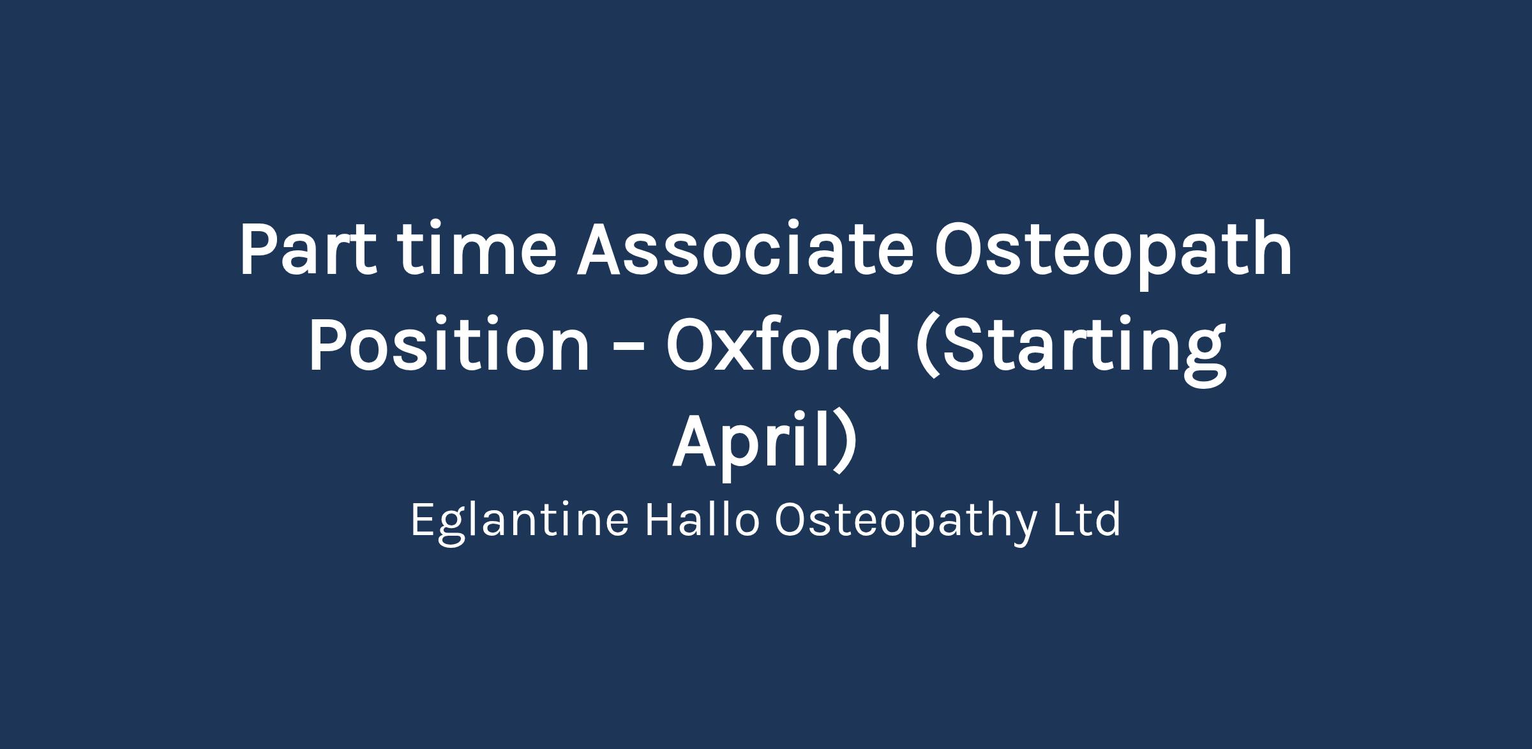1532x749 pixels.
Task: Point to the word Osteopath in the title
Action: coord(1113,254)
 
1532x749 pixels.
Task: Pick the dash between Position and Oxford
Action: coord(627,350)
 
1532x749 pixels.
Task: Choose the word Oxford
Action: coord(777,344)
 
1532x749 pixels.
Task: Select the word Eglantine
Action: coord(520,521)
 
